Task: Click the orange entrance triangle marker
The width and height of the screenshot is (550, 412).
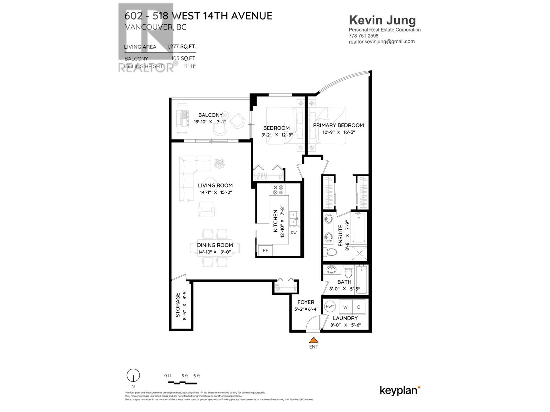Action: (x=313, y=340)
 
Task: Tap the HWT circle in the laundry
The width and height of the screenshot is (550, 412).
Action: (x=330, y=306)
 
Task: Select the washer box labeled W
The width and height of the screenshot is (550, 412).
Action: (x=345, y=307)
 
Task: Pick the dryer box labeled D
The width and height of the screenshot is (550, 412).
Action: (x=359, y=307)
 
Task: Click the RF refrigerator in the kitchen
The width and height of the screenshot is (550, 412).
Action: (x=265, y=250)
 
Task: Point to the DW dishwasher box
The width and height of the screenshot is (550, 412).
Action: (x=294, y=232)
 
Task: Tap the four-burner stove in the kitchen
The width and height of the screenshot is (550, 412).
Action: (x=278, y=190)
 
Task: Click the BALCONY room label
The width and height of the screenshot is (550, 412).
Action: (x=210, y=115)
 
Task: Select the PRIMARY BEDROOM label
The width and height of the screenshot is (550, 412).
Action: (x=338, y=125)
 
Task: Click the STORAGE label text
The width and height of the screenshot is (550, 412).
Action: (x=178, y=305)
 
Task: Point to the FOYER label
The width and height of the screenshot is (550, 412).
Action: (x=306, y=302)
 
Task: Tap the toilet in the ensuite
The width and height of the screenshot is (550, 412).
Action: (x=331, y=252)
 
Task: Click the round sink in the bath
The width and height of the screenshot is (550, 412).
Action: (x=332, y=270)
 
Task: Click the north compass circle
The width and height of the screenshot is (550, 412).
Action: (x=133, y=375)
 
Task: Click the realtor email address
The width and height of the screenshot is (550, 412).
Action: (x=382, y=42)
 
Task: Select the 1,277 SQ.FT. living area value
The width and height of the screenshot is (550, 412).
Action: (x=181, y=47)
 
